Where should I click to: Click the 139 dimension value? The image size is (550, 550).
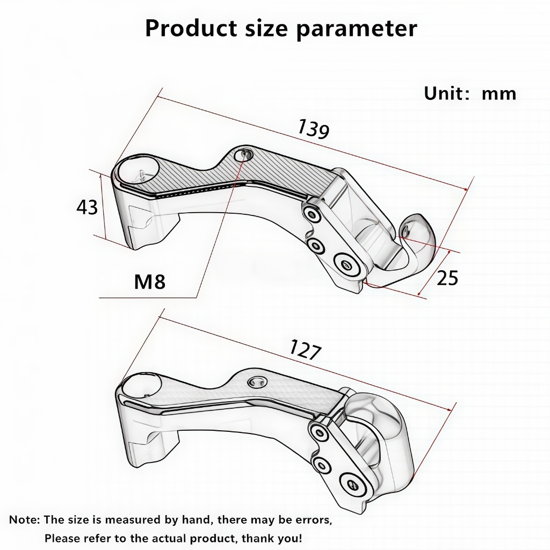pyautogui.click(x=313, y=129)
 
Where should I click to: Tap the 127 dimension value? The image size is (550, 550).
pyautogui.click(x=305, y=350)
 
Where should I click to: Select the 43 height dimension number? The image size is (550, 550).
pyautogui.click(x=87, y=207)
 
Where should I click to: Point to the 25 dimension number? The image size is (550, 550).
pyautogui.click(x=447, y=278)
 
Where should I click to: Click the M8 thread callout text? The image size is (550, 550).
pyautogui.click(x=150, y=281)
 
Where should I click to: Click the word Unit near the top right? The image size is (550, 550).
pyautogui.click(x=443, y=93)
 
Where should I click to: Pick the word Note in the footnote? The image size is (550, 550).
pyautogui.click(x=23, y=519)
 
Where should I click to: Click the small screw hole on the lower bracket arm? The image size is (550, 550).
pyautogui.click(x=256, y=382)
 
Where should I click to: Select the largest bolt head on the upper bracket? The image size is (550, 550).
pyautogui.click(x=347, y=265)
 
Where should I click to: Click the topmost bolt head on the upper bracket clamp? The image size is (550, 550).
pyautogui.click(x=311, y=213)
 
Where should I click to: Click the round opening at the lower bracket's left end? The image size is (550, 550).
pyautogui.click(x=140, y=385)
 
